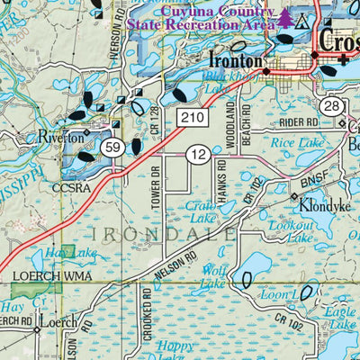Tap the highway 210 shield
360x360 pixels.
(199, 118)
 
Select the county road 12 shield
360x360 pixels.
(200, 157)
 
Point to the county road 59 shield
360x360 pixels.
(112, 148)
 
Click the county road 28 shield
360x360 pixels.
(333, 108)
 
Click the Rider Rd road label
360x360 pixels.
(300, 121)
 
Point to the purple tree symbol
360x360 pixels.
(285, 17)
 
